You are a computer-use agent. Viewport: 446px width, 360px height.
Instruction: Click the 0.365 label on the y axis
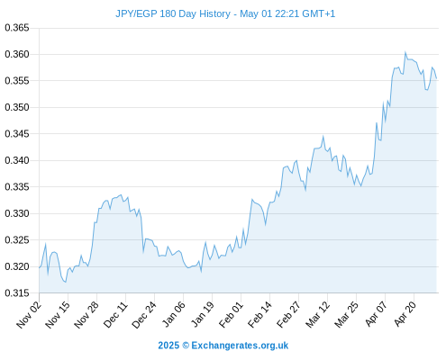(x=17, y=28)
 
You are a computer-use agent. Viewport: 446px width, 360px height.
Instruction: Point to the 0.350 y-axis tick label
(x=17, y=107)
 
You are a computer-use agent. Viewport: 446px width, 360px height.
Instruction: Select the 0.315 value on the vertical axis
(x=17, y=292)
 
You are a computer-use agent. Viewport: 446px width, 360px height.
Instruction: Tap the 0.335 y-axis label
(x=17, y=187)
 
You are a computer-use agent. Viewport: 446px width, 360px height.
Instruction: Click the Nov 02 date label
(x=29, y=314)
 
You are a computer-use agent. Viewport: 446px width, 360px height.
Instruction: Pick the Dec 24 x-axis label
(x=144, y=314)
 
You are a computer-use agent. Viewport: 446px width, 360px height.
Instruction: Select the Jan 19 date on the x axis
(x=203, y=314)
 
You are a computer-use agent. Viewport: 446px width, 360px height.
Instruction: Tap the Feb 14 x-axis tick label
(x=259, y=314)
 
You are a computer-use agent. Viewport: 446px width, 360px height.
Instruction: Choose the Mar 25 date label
(x=346, y=314)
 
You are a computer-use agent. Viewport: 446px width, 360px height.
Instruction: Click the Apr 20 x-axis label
(x=405, y=314)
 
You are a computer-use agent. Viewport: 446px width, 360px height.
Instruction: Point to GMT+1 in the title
(x=318, y=13)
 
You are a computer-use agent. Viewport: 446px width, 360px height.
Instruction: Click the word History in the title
(x=214, y=14)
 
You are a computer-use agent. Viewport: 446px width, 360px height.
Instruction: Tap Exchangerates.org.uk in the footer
(x=240, y=346)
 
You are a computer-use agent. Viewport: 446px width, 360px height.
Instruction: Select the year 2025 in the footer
(x=168, y=346)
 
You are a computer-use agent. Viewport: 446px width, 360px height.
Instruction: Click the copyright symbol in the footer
(x=186, y=346)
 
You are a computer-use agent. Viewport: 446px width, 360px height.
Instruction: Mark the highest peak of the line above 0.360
(x=405, y=52)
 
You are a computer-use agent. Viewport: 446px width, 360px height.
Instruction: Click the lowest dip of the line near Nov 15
(x=66, y=282)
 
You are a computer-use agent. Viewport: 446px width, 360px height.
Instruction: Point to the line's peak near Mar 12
(x=323, y=137)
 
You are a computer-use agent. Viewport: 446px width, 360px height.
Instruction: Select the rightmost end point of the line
(x=436, y=78)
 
